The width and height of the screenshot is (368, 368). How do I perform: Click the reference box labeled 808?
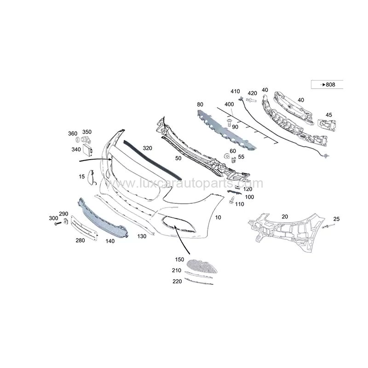[327, 85]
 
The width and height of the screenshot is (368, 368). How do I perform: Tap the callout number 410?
[236, 91]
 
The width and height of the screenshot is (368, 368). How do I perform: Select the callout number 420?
[253, 93]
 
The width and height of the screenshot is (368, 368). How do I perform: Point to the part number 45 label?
[328, 115]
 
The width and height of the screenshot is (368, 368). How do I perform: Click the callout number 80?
[200, 104]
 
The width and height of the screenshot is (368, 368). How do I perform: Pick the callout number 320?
[147, 148]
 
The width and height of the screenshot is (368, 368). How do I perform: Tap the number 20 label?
[285, 217]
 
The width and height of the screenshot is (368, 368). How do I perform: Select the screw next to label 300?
[57, 224]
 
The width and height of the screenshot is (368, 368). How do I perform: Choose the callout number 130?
[142, 236]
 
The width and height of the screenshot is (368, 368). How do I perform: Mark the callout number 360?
[73, 133]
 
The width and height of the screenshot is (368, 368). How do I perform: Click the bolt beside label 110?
[232, 201]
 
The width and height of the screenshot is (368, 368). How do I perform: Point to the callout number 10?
[218, 216]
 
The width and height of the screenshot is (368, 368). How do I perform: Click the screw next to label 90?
[229, 122]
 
